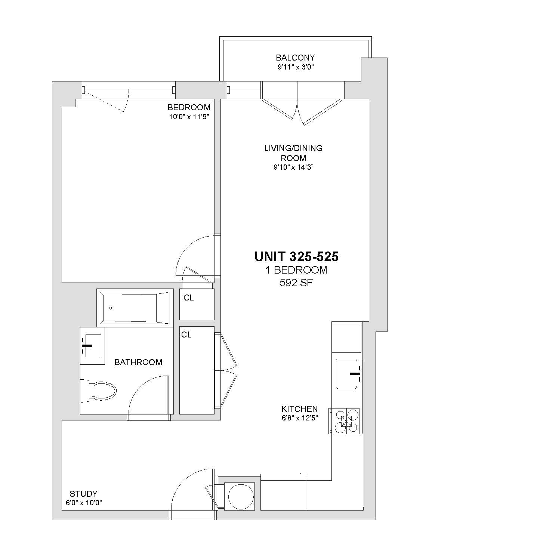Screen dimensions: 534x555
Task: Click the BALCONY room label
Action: click(295, 58)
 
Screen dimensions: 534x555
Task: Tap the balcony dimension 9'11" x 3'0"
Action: click(296, 67)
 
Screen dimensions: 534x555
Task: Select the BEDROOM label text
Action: click(189, 107)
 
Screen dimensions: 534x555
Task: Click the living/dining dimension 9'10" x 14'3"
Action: click(293, 167)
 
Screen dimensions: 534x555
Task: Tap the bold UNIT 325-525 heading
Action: click(296, 256)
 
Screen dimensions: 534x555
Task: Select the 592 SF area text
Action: click(296, 283)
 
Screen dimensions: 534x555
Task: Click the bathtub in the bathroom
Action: click(135, 308)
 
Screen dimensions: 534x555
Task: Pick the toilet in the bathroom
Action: click(98, 391)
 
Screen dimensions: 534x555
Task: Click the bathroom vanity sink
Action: click(92, 346)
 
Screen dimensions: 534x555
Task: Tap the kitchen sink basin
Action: click(347, 374)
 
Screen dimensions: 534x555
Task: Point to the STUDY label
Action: click(84, 493)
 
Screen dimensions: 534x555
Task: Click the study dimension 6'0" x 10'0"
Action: click(84, 503)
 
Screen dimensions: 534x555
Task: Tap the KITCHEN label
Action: click(300, 409)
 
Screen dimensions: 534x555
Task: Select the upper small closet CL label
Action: click(188, 297)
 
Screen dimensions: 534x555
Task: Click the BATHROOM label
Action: click(138, 362)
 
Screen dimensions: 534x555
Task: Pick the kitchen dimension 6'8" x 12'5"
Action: click(300, 418)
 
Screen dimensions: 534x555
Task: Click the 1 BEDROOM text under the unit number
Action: click(296, 270)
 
